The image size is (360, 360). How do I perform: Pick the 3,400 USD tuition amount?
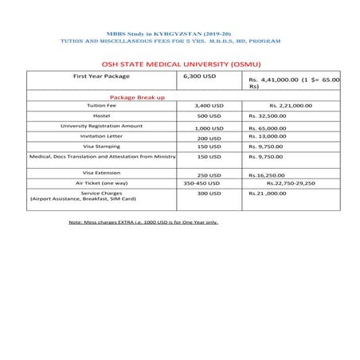(x=213, y=105)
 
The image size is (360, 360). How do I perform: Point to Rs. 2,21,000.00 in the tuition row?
(x=291, y=105)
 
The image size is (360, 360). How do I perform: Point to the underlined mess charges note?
(x=143, y=222)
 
